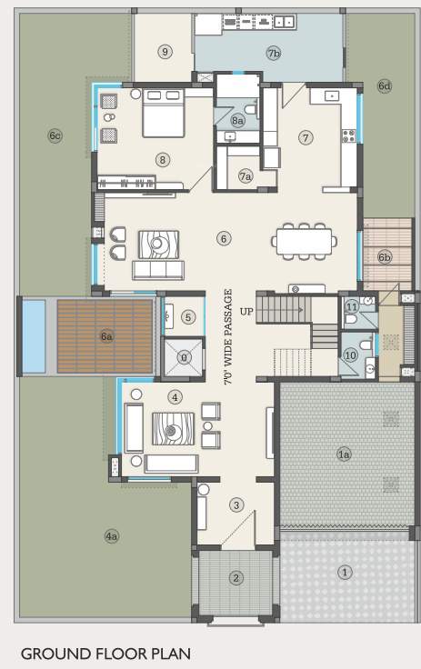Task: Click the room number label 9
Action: tap(165, 52)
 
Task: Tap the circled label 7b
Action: tap(274, 54)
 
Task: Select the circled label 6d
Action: tap(385, 86)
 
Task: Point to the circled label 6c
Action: tap(55, 136)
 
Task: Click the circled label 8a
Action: tap(238, 120)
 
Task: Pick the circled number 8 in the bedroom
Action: tap(163, 160)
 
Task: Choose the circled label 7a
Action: tap(246, 177)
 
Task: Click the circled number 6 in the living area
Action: tap(224, 239)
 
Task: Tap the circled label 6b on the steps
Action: tap(385, 257)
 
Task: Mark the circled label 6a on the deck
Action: tap(107, 336)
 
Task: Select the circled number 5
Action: tap(187, 317)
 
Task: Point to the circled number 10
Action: tap(351, 355)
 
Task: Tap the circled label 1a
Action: tap(344, 454)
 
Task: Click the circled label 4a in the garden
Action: tap(112, 537)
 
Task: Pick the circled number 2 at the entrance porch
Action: tap(236, 577)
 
